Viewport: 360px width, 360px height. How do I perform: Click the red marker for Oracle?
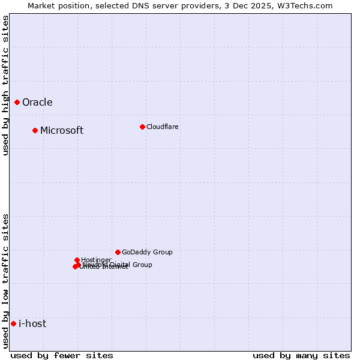point(17,103)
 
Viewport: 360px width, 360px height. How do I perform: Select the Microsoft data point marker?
point(35,131)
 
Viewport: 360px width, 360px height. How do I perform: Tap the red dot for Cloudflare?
point(142,127)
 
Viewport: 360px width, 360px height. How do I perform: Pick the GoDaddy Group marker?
point(118,252)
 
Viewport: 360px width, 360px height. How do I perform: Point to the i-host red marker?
point(13,324)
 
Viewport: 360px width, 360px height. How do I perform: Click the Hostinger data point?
point(77,260)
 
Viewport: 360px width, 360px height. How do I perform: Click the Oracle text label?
point(37,103)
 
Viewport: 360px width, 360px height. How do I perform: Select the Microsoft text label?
point(62,131)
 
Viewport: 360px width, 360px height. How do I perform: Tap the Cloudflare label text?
point(162,127)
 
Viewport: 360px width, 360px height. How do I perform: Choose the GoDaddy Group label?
point(147,253)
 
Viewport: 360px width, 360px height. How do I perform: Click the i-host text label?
point(32,324)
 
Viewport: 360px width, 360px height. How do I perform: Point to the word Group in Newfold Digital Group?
point(142,265)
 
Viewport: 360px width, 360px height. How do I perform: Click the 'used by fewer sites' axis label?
point(62,355)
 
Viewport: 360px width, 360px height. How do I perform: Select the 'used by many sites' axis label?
point(301,355)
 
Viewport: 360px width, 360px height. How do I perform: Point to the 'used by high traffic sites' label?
point(6,85)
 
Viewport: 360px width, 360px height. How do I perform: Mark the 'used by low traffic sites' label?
point(6,281)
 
